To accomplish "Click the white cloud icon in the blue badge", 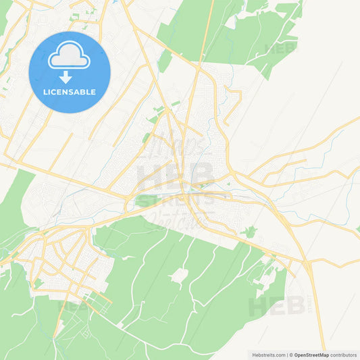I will (x=69, y=57).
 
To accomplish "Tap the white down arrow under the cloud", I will (x=66, y=76).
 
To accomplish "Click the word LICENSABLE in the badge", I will (x=69, y=92).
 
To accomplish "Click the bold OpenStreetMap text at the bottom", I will (x=311, y=355).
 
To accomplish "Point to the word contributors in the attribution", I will (x=344, y=355).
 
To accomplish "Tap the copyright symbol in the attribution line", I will (x=290, y=355).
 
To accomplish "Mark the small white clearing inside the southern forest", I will (x=179, y=275).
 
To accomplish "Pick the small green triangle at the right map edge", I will (x=357, y=230).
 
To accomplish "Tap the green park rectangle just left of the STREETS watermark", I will (x=145, y=201).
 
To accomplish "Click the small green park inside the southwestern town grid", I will (x=38, y=283).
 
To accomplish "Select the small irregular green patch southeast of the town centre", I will (x=251, y=232).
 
